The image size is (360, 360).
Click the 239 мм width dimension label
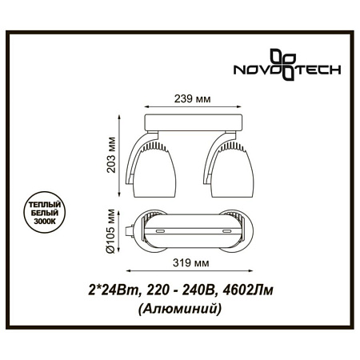point(193,99)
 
